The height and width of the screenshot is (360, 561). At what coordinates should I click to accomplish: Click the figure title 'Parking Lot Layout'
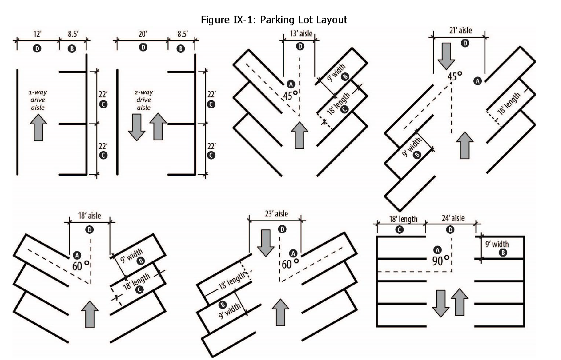(303, 20)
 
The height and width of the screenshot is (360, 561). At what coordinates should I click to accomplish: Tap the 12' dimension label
(37, 34)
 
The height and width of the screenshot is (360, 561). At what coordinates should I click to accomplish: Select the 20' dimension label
(143, 34)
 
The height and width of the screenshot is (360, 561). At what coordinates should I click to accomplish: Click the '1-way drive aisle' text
(38, 100)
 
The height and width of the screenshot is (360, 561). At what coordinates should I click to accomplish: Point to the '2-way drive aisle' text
(144, 100)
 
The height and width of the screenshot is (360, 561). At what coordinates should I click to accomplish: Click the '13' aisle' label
(301, 33)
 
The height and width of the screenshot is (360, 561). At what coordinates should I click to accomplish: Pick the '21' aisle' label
(460, 30)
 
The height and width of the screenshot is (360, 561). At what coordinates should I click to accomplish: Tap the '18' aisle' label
(89, 216)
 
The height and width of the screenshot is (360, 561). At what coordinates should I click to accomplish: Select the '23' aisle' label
(276, 214)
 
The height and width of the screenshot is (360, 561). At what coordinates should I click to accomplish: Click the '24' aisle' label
(453, 218)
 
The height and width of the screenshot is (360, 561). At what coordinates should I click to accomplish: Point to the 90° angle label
(440, 260)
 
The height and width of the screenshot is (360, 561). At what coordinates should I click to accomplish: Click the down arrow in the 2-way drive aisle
(136, 127)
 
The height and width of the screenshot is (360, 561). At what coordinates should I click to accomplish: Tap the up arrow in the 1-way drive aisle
(38, 127)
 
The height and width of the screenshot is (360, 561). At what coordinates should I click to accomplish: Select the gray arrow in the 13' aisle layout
(299, 135)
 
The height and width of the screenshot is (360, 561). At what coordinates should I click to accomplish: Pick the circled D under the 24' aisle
(450, 230)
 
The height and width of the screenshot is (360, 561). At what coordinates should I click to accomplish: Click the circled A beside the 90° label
(437, 250)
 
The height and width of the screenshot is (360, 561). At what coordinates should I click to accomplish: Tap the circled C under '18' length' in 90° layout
(400, 230)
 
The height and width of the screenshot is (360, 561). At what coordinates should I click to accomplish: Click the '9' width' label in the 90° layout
(497, 244)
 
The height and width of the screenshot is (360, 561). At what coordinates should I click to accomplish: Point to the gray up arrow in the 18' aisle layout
(90, 315)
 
